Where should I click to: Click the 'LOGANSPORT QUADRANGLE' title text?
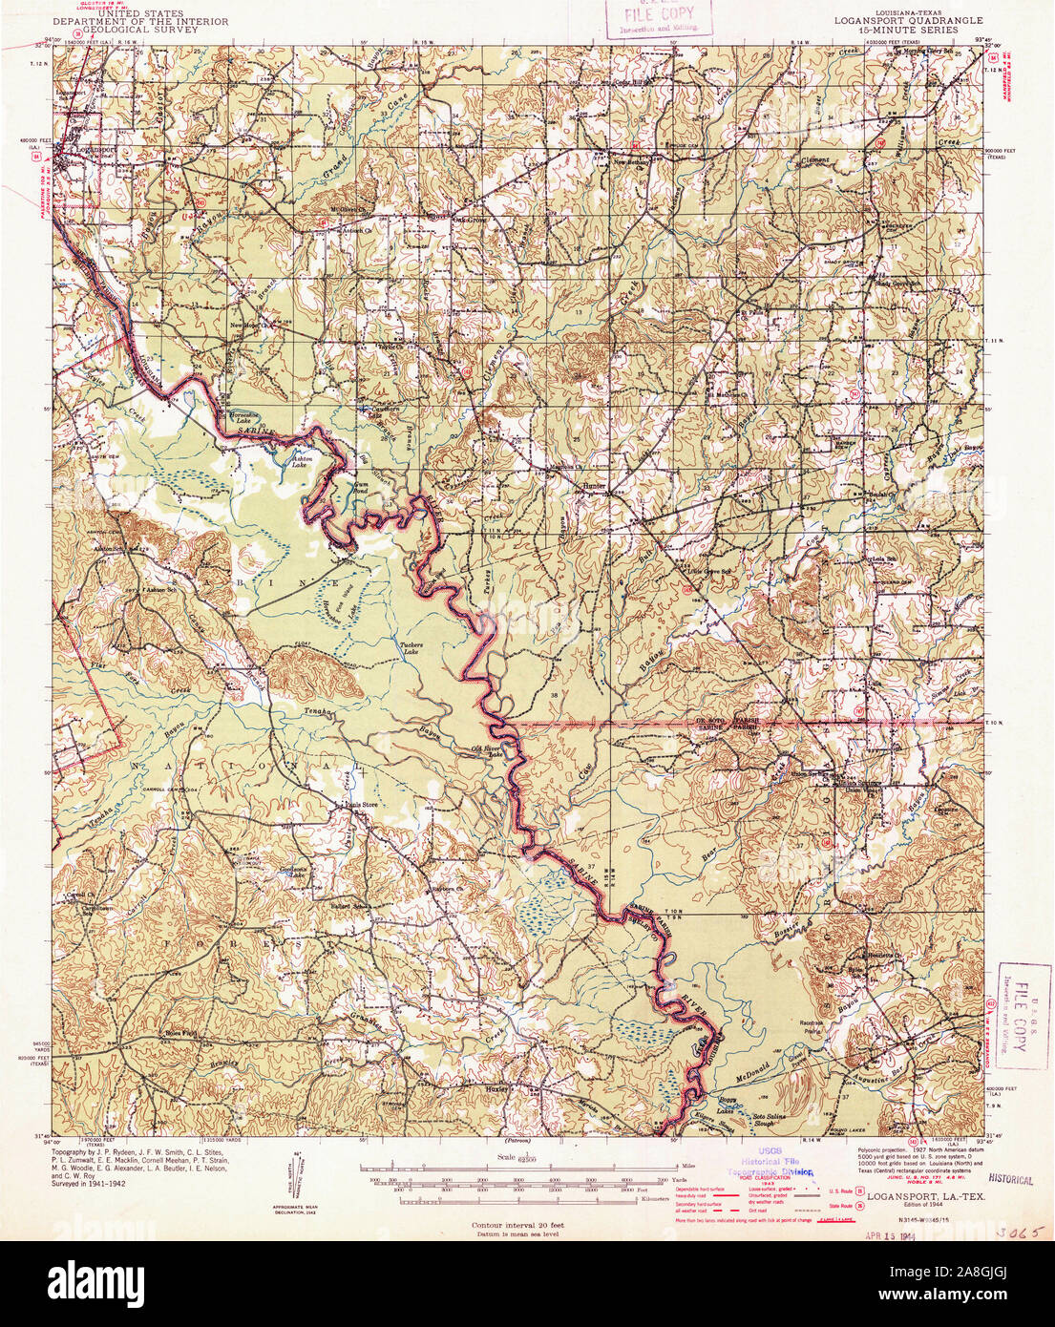(x=907, y=20)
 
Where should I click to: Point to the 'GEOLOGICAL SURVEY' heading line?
(x=140, y=29)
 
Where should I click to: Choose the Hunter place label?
(x=594, y=485)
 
